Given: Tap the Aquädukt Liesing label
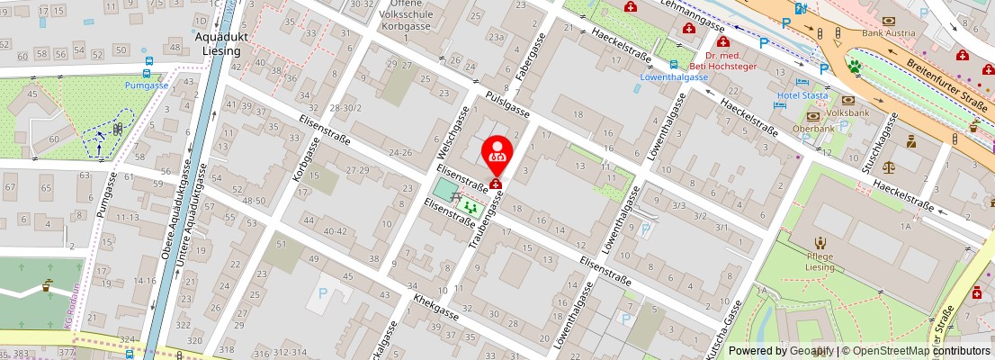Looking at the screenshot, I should (218, 44).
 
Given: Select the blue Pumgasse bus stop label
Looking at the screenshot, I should (147, 85).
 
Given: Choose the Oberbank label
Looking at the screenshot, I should (814, 128).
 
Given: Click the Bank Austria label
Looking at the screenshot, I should (888, 33).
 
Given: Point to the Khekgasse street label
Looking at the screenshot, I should (435, 308).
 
